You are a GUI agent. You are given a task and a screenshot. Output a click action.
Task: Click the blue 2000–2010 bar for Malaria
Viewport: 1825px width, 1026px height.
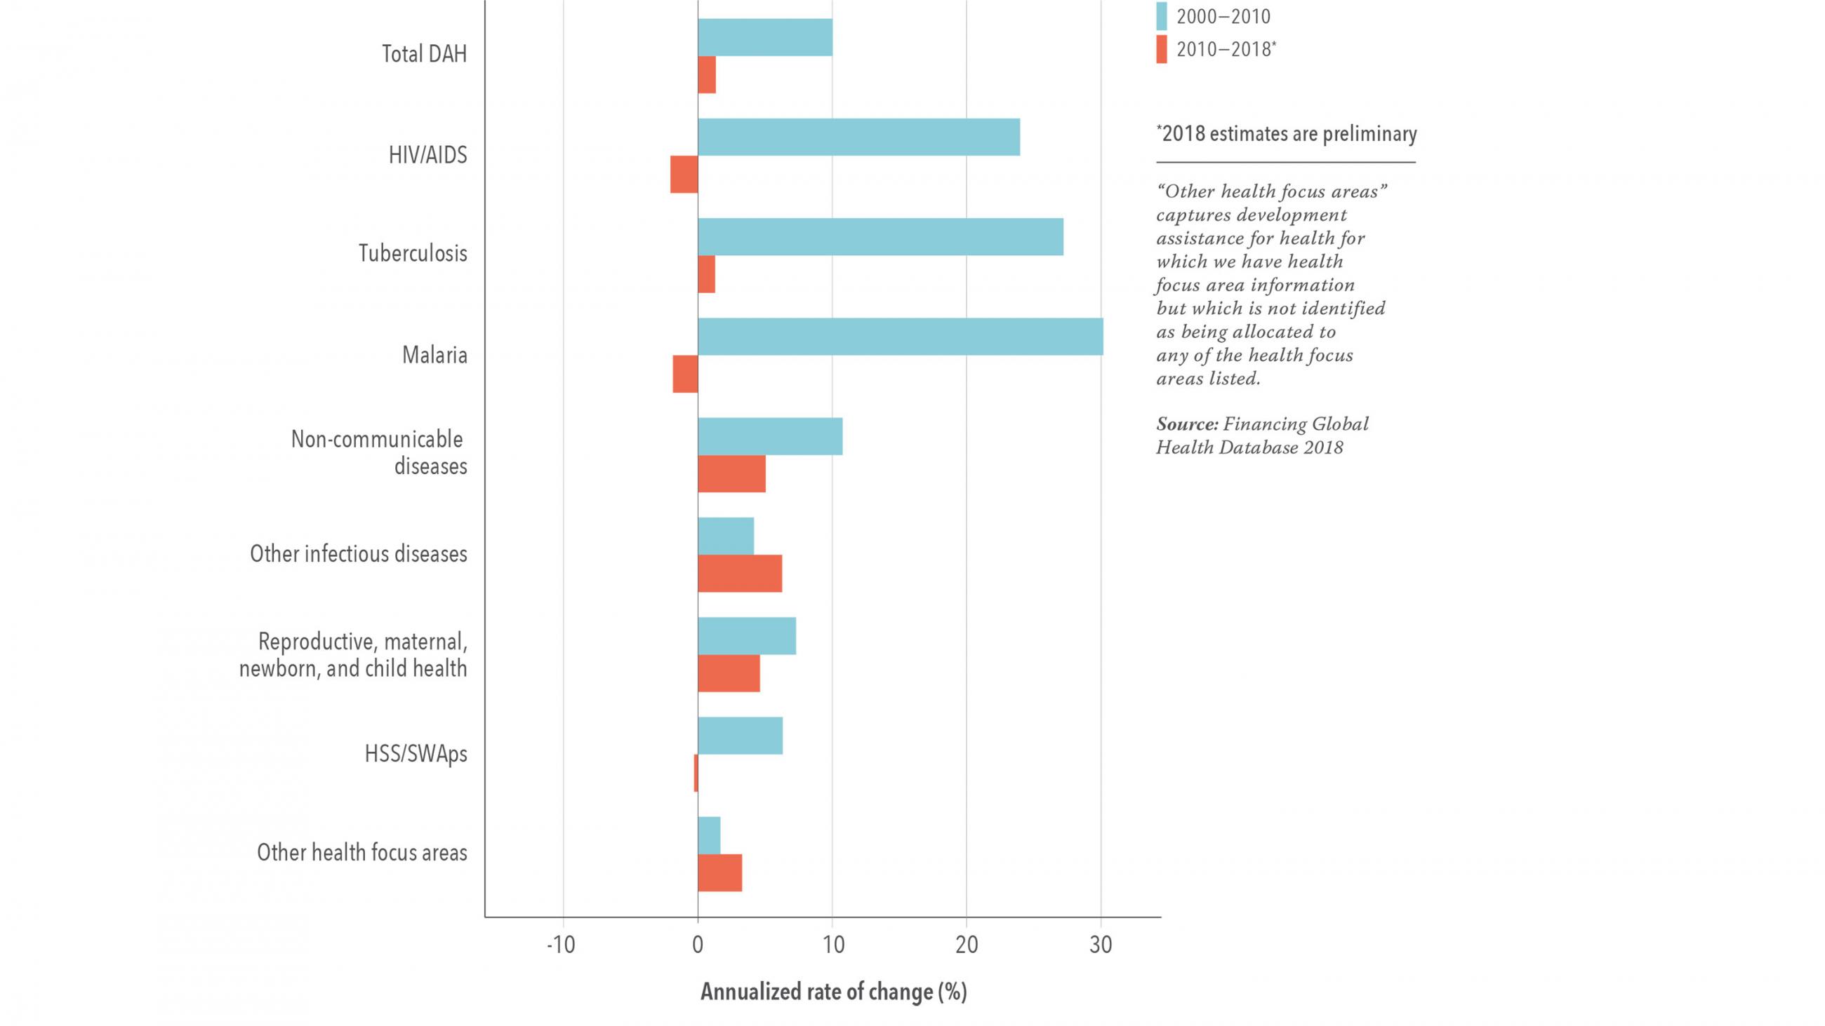coord(900,337)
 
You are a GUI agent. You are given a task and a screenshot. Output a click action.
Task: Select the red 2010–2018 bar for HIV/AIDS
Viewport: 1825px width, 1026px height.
coord(684,174)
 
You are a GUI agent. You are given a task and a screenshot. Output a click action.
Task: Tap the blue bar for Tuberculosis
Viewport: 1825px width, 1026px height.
coord(880,236)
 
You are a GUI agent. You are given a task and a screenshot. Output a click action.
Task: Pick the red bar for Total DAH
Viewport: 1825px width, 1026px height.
coord(706,74)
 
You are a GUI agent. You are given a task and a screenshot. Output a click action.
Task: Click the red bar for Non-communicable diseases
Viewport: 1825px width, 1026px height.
coord(731,473)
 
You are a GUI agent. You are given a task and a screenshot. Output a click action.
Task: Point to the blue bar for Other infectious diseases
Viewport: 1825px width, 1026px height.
coord(726,536)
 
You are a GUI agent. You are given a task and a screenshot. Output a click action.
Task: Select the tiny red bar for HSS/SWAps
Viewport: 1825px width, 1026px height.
coord(696,774)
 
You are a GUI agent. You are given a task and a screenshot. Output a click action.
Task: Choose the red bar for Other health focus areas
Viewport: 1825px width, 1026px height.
coord(719,872)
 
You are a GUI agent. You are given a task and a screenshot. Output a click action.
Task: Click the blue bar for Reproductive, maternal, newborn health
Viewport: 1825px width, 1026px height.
coord(747,636)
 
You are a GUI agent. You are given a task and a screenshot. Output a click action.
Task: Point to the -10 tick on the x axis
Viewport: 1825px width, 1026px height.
coord(561,945)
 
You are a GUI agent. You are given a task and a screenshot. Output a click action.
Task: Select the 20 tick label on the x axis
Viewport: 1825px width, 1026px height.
coord(967,945)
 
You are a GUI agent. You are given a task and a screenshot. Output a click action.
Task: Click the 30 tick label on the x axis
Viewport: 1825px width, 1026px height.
coord(1100,945)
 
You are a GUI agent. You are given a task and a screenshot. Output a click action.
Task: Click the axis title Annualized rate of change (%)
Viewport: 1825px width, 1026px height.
coord(833,992)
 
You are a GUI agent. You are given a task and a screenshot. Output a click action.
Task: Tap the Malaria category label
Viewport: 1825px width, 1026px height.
coord(434,355)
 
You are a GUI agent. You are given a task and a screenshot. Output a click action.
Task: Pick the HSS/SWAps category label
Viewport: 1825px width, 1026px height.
coord(416,753)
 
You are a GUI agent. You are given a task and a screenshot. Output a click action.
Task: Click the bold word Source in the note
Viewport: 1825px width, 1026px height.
coord(1186,424)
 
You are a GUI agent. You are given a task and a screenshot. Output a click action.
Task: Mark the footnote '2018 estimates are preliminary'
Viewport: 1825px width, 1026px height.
coord(1287,134)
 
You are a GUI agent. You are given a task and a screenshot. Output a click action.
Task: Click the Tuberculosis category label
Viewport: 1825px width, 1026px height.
coord(412,253)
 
